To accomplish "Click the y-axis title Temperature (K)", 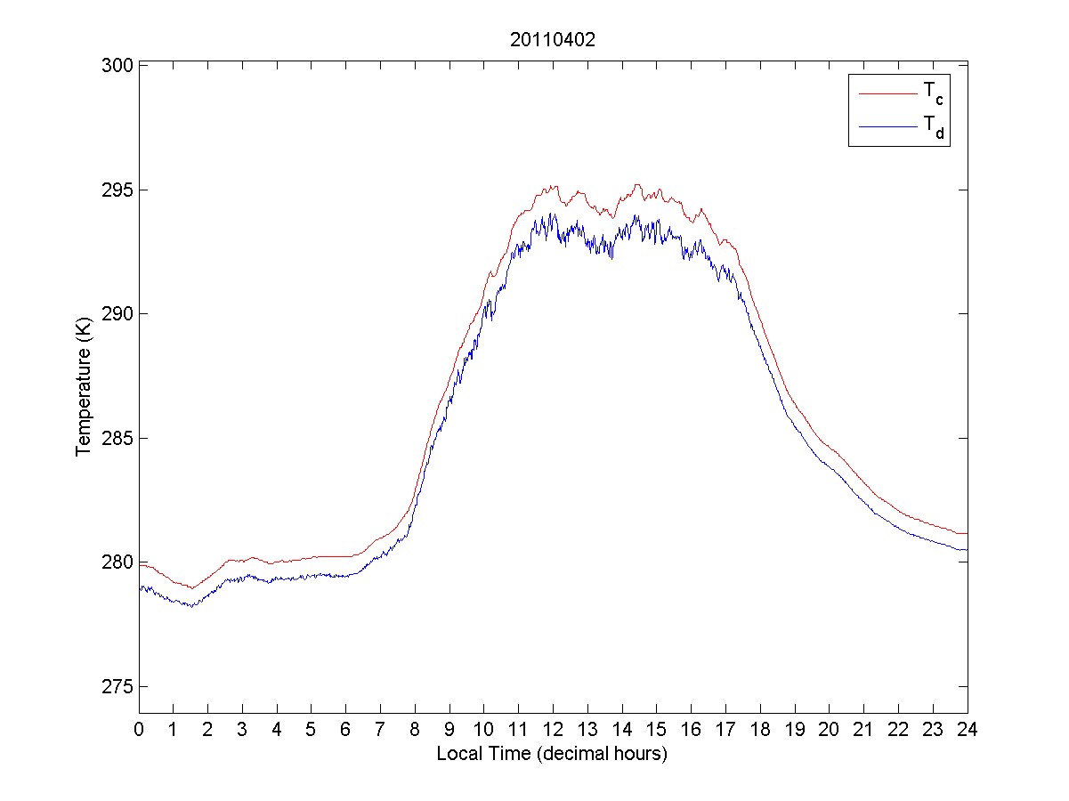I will tap(84, 389).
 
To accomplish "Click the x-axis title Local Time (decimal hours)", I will tap(552, 753).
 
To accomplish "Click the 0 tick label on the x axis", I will tap(139, 729).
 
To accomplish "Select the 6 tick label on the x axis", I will tap(345, 729).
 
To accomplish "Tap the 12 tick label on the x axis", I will tap(553, 729).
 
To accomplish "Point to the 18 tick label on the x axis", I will tap(760, 729).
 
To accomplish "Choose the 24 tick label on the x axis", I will tap(968, 729).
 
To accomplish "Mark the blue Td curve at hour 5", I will tap(311, 576).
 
